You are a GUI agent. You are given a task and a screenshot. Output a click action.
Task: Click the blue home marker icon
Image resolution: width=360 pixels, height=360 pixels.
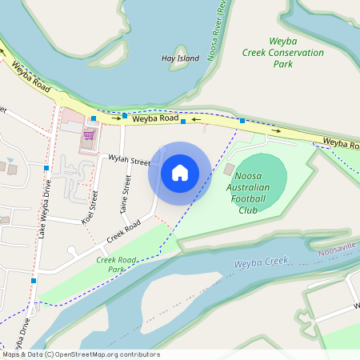(x=180, y=172)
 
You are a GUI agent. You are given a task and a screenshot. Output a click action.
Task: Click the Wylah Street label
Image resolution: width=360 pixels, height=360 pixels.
(x=130, y=160)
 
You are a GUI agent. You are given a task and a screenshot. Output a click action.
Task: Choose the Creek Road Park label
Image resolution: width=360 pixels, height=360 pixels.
(x=118, y=264)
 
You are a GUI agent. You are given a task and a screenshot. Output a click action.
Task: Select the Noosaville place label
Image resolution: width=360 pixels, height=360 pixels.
(x=338, y=250)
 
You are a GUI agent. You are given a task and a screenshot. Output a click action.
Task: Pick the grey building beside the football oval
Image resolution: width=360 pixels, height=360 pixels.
(x=230, y=170)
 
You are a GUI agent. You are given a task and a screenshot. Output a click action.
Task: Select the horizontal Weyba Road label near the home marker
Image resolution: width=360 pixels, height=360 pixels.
(x=155, y=118)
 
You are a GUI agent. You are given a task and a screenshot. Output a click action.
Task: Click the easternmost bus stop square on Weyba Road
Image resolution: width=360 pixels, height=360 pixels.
(x=242, y=121)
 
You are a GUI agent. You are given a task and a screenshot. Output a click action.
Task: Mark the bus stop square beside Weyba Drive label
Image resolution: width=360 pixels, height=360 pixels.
(x=34, y=281)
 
